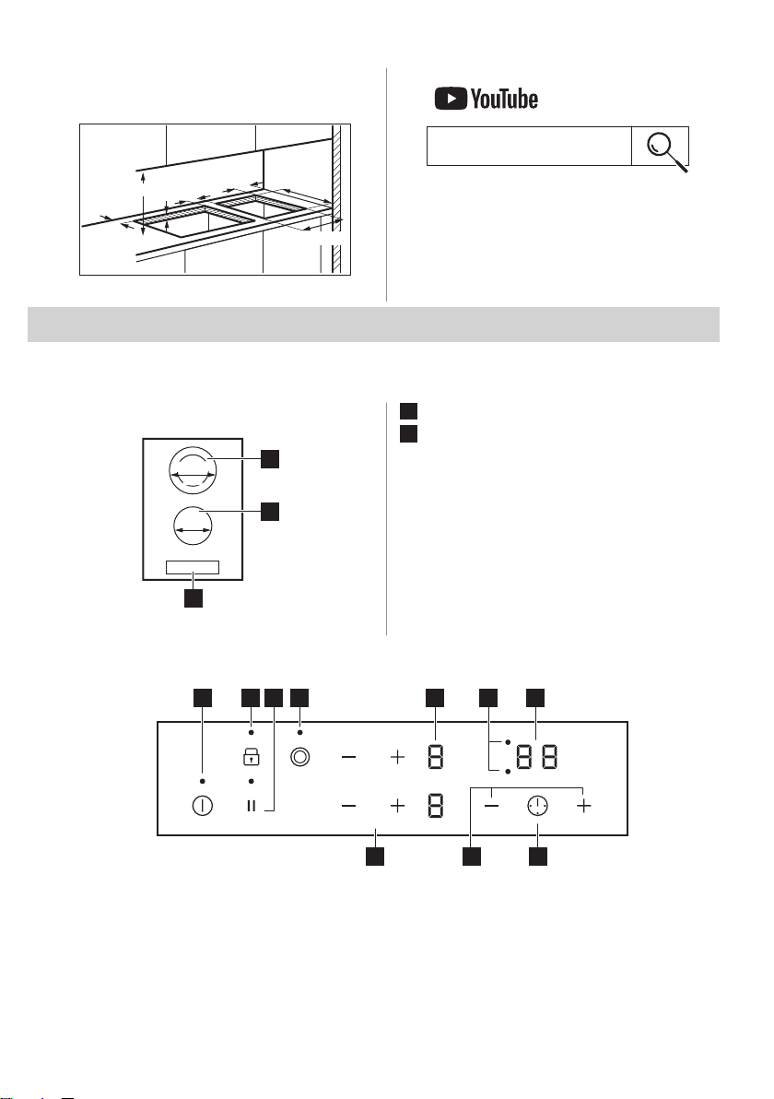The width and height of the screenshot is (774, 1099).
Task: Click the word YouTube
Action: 504,99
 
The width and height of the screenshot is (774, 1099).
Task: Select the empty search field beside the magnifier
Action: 529,146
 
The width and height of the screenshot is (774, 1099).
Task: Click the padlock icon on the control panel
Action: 250,758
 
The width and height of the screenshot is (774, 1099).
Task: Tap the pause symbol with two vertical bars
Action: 250,805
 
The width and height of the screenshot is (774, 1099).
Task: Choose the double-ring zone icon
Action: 299,758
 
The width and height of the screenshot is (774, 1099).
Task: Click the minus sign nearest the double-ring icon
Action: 348,758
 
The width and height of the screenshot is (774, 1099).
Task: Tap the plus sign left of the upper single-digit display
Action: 397,758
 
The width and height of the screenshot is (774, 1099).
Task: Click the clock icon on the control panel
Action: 537,805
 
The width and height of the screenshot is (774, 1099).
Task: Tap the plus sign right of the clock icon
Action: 583,805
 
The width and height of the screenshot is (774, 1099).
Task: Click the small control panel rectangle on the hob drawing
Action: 193,567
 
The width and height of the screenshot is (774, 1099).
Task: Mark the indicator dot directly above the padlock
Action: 250,735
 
